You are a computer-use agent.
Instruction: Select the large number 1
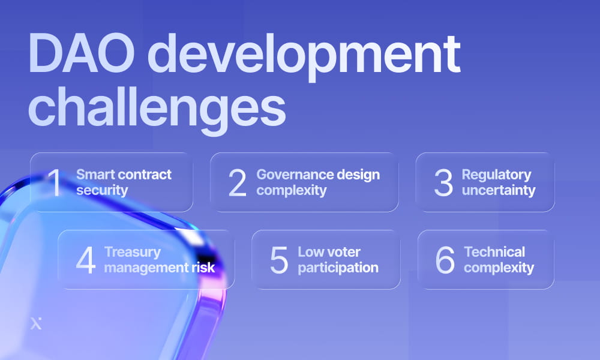tap(56, 182)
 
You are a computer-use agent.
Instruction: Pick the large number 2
tap(238, 182)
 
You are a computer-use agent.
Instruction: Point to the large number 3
tap(443, 182)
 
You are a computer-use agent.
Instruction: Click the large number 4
tap(86, 260)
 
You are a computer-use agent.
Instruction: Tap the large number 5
tap(279, 260)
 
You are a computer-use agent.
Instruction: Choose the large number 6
tap(445, 260)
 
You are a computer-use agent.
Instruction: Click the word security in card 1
tap(102, 191)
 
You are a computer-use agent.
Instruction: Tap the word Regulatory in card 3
tap(496, 175)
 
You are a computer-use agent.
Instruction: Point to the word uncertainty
tap(498, 191)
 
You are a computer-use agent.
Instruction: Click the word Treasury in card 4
tap(133, 252)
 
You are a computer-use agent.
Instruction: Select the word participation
tap(338, 268)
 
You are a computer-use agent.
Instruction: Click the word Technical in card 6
tap(494, 252)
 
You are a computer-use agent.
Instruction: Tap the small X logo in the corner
tap(36, 325)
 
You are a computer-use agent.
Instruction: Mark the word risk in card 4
tap(202, 268)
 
